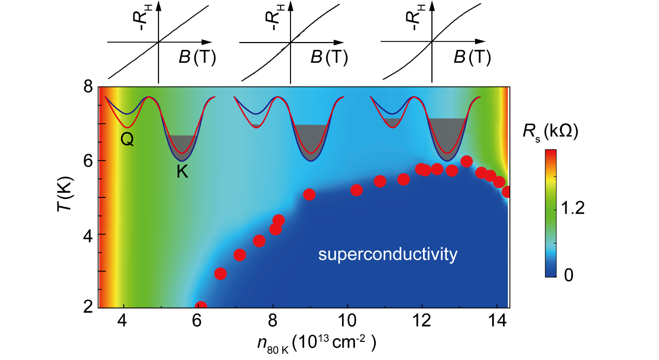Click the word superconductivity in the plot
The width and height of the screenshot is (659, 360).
tap(388, 255)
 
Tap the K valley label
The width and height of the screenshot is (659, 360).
tap(182, 172)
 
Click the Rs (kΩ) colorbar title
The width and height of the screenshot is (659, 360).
tap(552, 133)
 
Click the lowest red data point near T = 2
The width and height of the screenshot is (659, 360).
tap(201, 306)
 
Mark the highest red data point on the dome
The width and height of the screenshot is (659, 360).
tap(466, 161)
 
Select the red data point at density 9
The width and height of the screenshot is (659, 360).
tap(309, 194)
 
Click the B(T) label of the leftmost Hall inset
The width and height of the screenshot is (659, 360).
tap(198, 58)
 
